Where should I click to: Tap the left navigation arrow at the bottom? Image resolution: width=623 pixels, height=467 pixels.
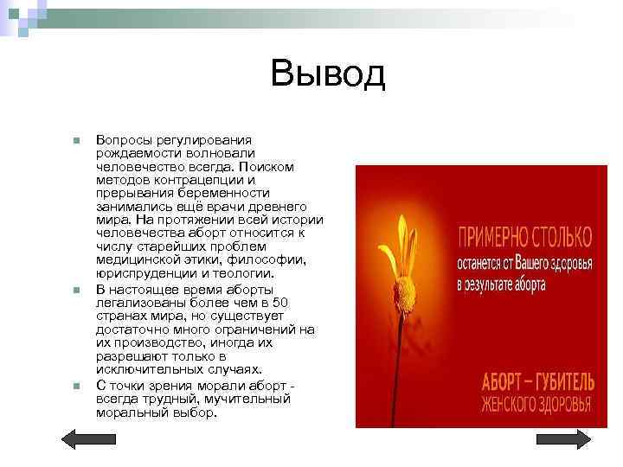(83, 439)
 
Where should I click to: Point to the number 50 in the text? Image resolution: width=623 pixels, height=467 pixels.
(280, 302)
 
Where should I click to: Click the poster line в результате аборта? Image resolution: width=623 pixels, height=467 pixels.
(501, 283)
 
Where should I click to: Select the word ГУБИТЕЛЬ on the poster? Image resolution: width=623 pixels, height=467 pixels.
(562, 381)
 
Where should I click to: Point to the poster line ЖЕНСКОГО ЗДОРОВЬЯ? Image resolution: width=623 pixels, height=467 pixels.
(536, 405)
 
